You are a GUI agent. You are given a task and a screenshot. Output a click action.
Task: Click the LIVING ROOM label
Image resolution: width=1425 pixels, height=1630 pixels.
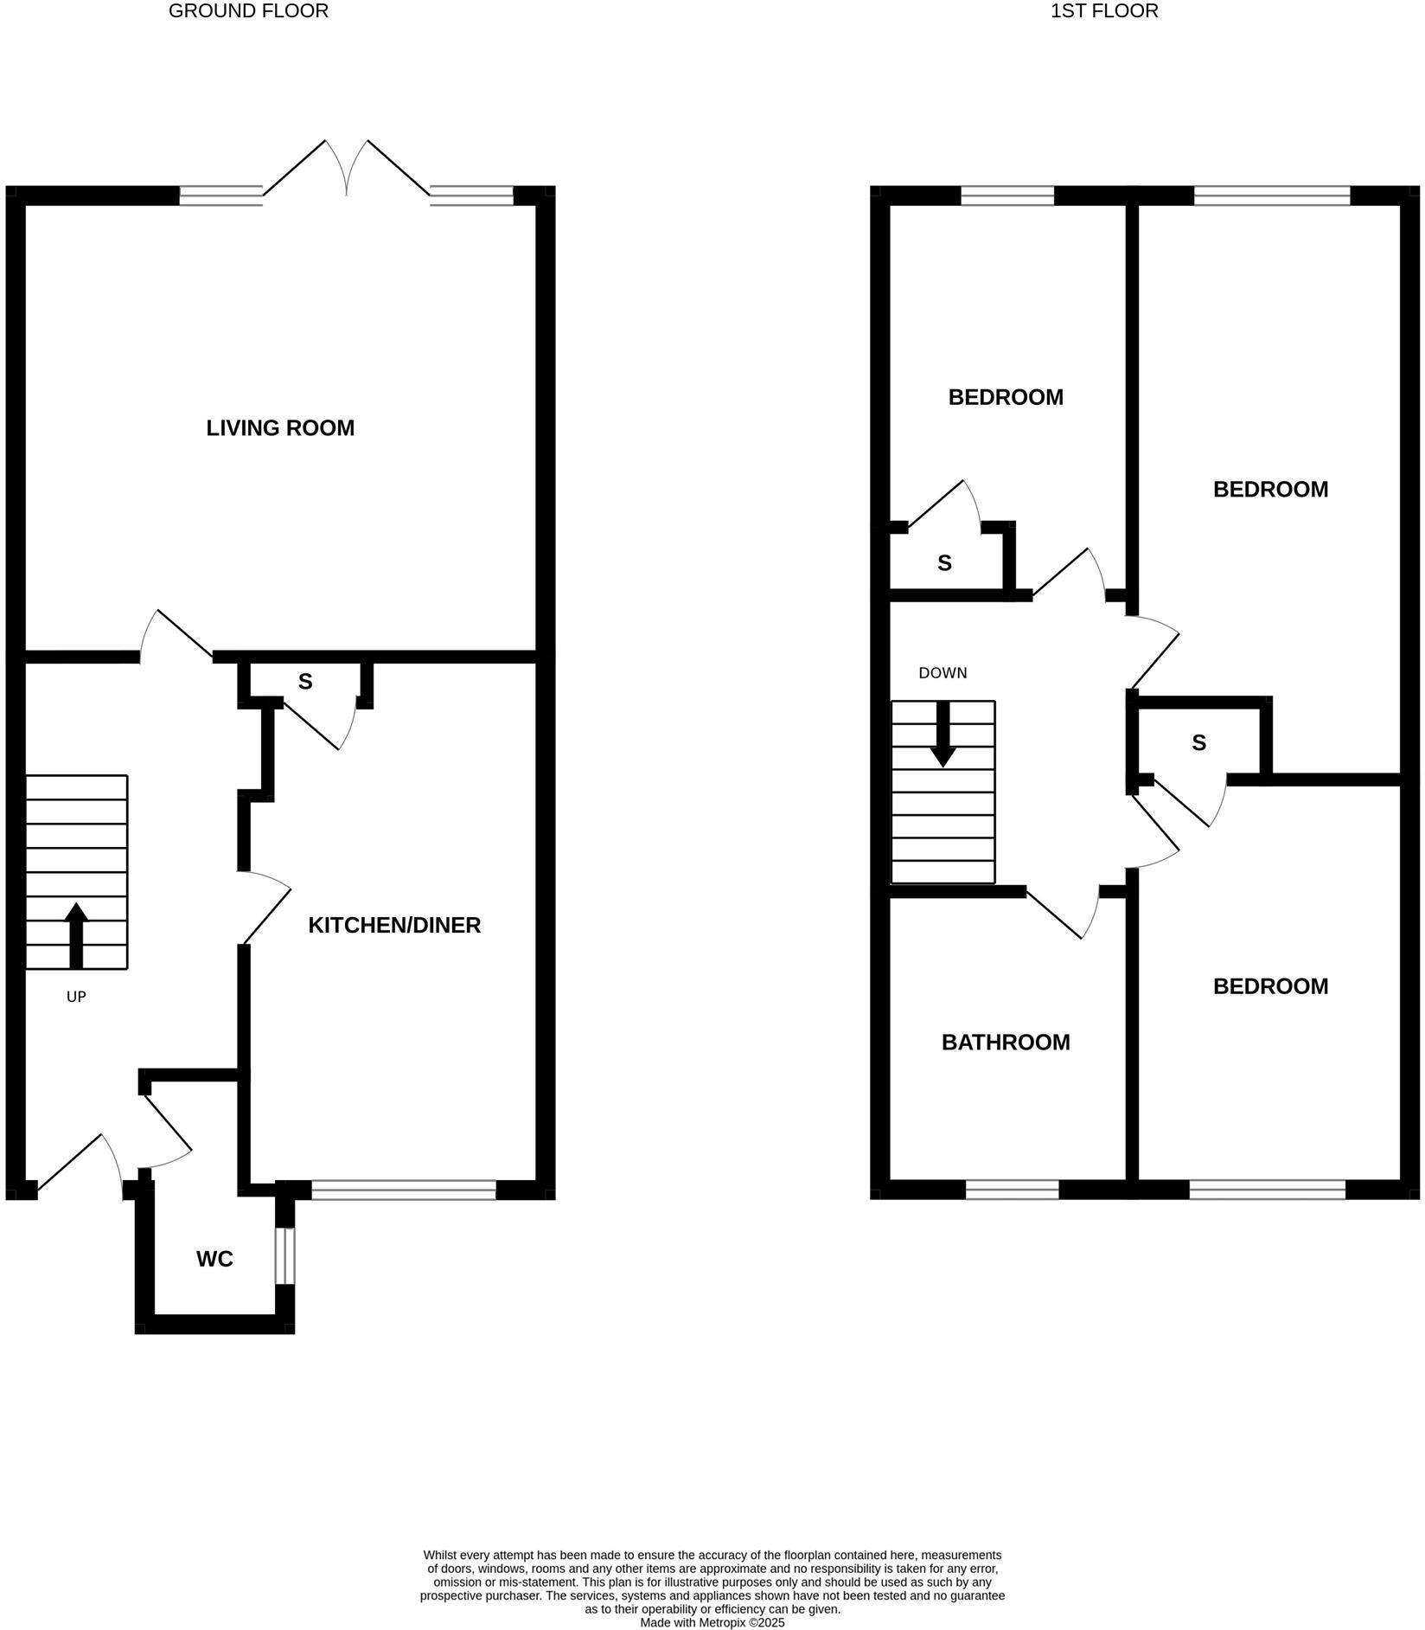pyautogui.click(x=280, y=428)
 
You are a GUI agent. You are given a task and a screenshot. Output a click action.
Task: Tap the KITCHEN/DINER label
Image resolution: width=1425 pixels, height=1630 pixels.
pyautogui.click(x=394, y=925)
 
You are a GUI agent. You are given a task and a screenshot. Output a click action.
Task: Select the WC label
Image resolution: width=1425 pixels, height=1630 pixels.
pyautogui.click(x=214, y=1259)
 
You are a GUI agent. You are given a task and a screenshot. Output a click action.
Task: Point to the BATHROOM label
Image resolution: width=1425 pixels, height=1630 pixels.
pyautogui.click(x=1006, y=1042)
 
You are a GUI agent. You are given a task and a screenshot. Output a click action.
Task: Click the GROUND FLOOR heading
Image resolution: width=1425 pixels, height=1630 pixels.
pyautogui.click(x=248, y=11)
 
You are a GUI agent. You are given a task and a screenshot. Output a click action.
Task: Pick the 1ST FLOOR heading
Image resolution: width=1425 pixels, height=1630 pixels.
pyautogui.click(x=1104, y=11)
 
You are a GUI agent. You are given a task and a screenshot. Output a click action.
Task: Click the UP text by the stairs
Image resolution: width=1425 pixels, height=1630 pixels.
pyautogui.click(x=76, y=997)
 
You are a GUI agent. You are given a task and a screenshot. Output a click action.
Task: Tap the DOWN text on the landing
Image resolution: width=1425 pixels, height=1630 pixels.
pyautogui.click(x=943, y=672)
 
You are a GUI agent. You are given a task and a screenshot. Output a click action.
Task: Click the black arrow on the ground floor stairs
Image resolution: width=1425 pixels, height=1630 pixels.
pyautogui.click(x=76, y=934)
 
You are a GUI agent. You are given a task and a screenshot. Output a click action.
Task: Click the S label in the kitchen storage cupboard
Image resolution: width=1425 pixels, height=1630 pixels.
pyautogui.click(x=305, y=682)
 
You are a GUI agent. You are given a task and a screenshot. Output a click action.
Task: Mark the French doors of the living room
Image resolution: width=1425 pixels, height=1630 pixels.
pyautogui.click(x=347, y=169)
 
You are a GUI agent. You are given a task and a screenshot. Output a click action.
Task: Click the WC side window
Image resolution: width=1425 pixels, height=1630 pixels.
pyautogui.click(x=284, y=1255)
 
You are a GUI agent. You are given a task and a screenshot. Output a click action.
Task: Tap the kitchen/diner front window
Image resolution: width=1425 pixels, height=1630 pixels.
pyautogui.click(x=404, y=1190)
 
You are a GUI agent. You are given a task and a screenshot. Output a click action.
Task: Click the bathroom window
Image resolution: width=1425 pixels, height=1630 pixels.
pyautogui.click(x=1012, y=1190)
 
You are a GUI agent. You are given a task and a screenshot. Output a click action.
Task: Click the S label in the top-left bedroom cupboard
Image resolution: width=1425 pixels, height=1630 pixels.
pyautogui.click(x=944, y=563)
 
